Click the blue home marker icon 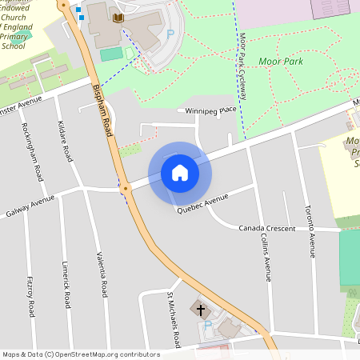point(180,173)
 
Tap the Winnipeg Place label point(211,110)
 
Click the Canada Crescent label point(267,228)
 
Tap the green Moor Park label point(281,61)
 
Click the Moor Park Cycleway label point(242,67)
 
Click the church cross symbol point(201,308)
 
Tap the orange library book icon point(118,18)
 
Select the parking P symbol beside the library point(170,34)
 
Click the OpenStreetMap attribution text point(81,354)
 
